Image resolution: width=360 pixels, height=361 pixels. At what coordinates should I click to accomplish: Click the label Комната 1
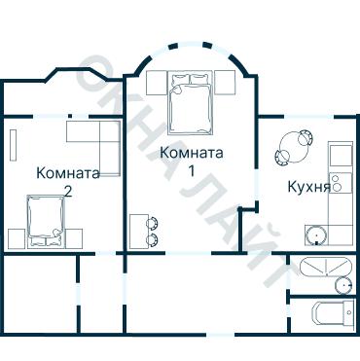(192, 162)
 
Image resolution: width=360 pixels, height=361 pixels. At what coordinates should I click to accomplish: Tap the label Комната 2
(67, 182)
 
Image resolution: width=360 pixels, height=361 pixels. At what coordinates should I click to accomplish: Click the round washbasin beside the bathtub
(342, 284)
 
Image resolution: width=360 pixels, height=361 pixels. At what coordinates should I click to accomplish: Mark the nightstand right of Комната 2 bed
(76, 235)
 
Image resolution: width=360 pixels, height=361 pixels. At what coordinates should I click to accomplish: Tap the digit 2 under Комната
(67, 192)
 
